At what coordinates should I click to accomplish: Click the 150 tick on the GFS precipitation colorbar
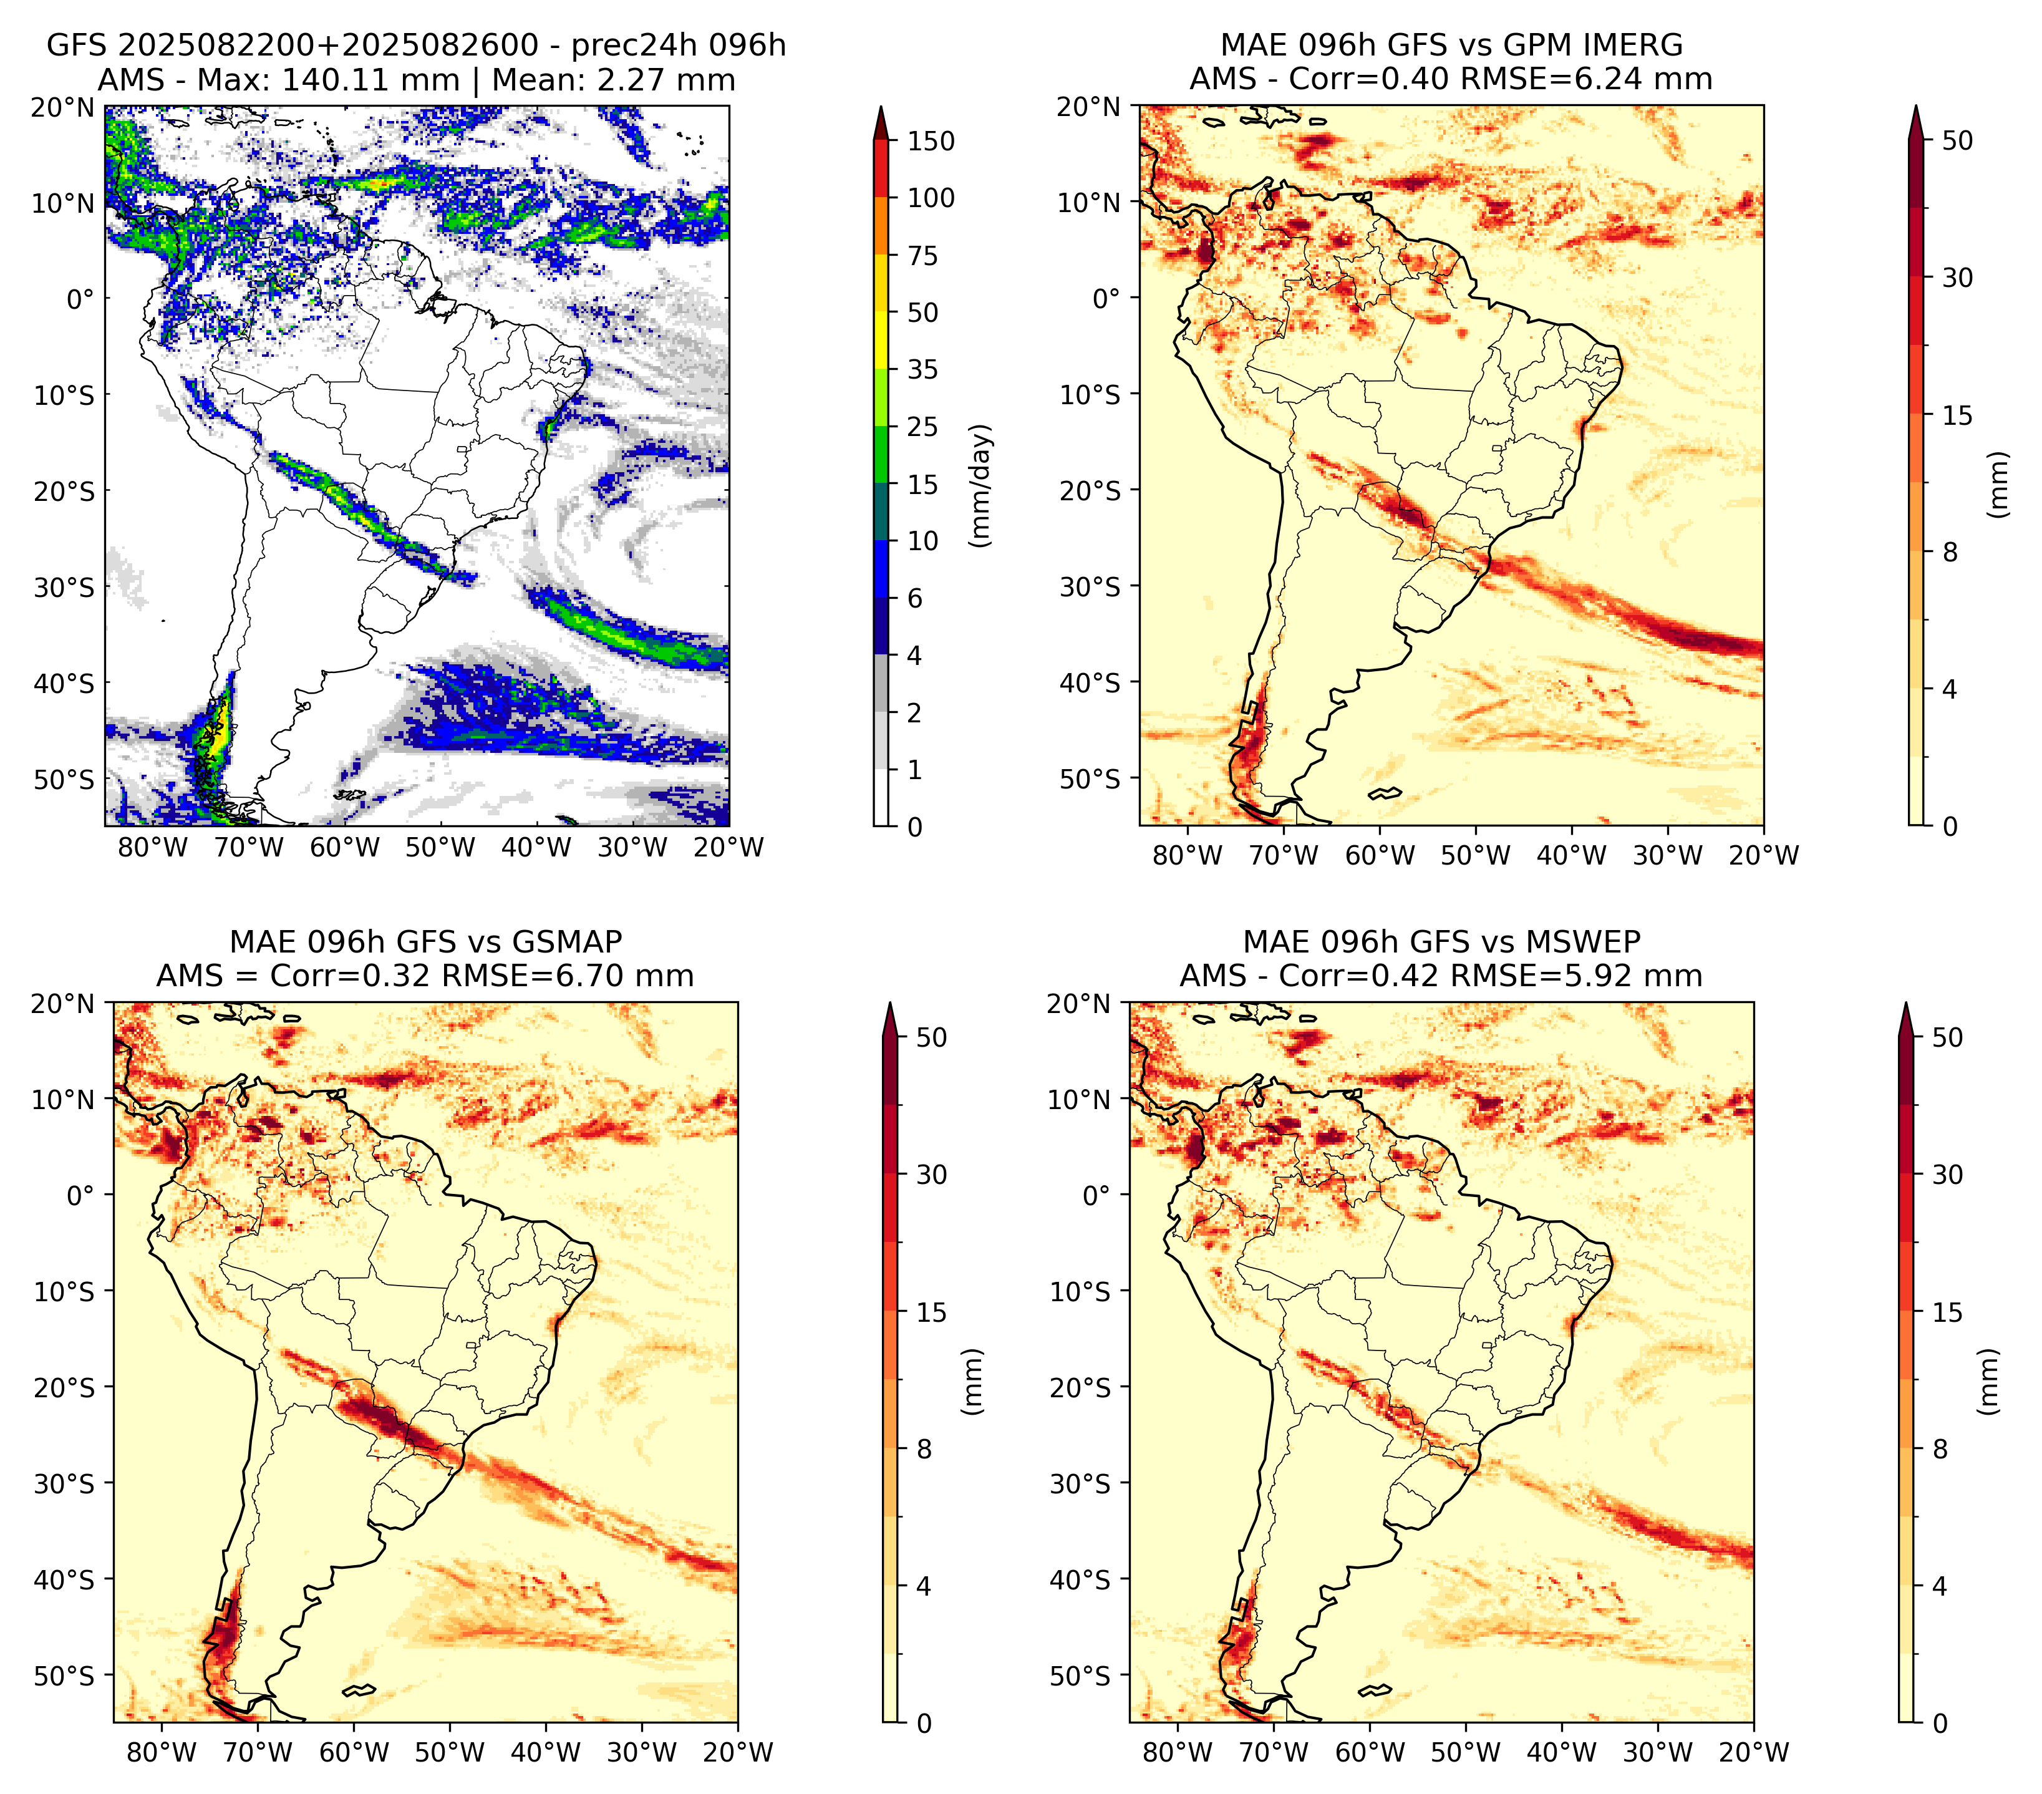pyautogui.click(x=930, y=141)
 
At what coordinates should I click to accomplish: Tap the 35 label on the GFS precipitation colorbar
pyautogui.click(x=922, y=369)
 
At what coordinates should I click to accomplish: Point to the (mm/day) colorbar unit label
pyautogui.click(x=982, y=485)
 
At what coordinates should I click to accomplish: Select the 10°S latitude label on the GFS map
pyautogui.click(x=64, y=395)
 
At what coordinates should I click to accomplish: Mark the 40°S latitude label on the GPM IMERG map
pyautogui.click(x=1090, y=683)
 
